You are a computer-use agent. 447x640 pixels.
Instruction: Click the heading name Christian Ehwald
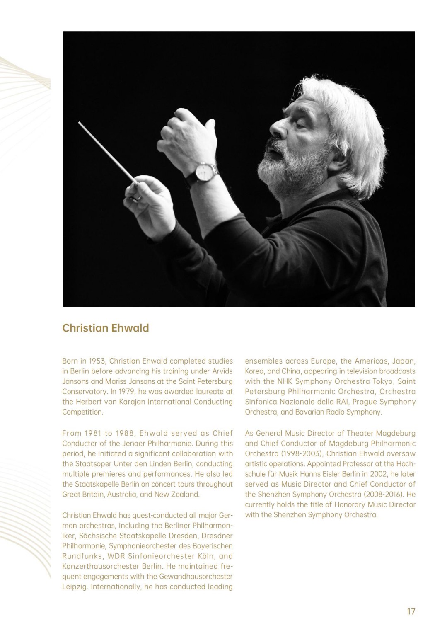click(x=105, y=328)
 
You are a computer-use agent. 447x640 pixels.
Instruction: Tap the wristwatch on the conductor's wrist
click(x=204, y=172)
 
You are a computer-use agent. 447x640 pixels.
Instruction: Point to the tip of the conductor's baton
click(x=79, y=123)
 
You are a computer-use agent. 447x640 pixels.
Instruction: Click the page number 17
click(x=411, y=611)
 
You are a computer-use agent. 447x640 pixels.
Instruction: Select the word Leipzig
click(x=75, y=587)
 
